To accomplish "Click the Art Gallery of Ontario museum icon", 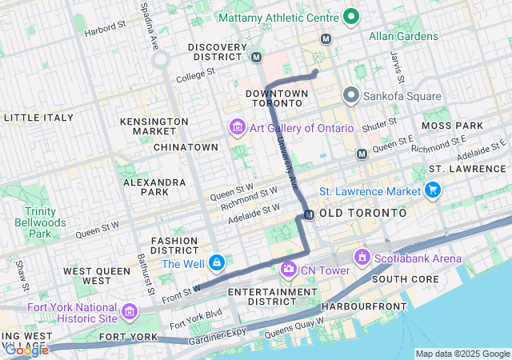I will [237, 128].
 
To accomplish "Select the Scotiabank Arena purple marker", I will [362, 258].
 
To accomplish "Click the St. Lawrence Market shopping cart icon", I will [433, 190].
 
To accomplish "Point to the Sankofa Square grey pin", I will [350, 96].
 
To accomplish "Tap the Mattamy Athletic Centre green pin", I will [350, 15].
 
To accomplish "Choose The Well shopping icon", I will [217, 263].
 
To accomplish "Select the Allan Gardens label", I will [403, 36].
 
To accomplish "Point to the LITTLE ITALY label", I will [38, 118].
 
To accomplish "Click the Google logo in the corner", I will [26, 350].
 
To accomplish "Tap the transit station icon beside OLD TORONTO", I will [309, 214].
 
